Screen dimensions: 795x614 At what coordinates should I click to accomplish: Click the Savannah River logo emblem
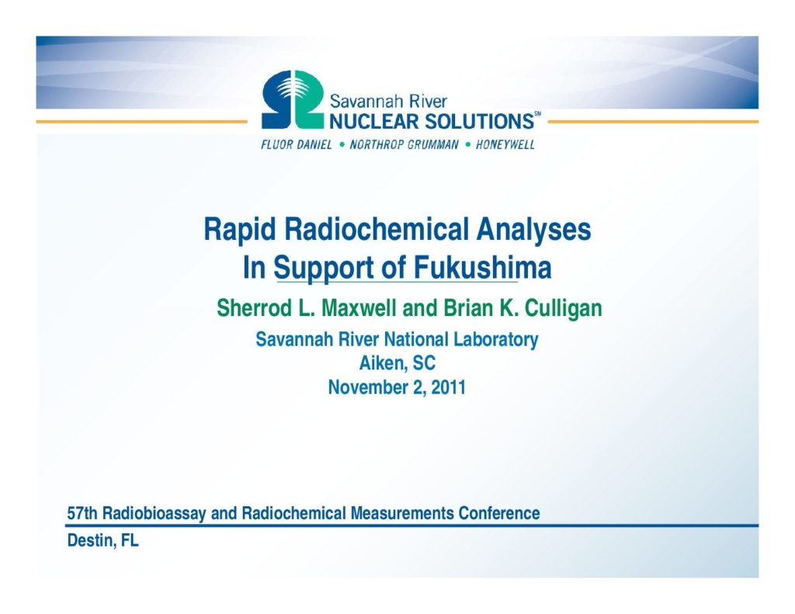(x=293, y=99)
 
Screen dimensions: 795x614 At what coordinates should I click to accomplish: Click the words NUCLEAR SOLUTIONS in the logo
(x=432, y=122)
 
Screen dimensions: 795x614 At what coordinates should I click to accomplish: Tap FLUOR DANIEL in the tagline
(x=297, y=145)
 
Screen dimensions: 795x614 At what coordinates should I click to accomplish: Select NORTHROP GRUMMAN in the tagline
(x=404, y=145)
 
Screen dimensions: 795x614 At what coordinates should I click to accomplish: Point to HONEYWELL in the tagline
(x=505, y=145)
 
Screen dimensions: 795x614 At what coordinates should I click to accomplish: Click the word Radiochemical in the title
(x=377, y=229)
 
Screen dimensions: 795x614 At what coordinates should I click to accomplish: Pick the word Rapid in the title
(x=240, y=231)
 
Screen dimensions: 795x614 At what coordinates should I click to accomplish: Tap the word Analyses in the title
(x=533, y=231)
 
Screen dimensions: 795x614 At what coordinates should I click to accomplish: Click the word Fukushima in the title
(x=483, y=268)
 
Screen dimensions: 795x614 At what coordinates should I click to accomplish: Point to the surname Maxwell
(x=359, y=308)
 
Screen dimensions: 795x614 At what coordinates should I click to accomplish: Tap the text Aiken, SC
(x=397, y=363)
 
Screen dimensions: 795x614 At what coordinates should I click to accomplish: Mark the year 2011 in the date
(x=448, y=387)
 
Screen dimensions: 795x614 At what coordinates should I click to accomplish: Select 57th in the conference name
(x=82, y=513)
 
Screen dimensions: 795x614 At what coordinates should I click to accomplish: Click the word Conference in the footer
(x=499, y=513)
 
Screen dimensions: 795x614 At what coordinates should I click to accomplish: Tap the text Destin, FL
(x=103, y=541)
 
